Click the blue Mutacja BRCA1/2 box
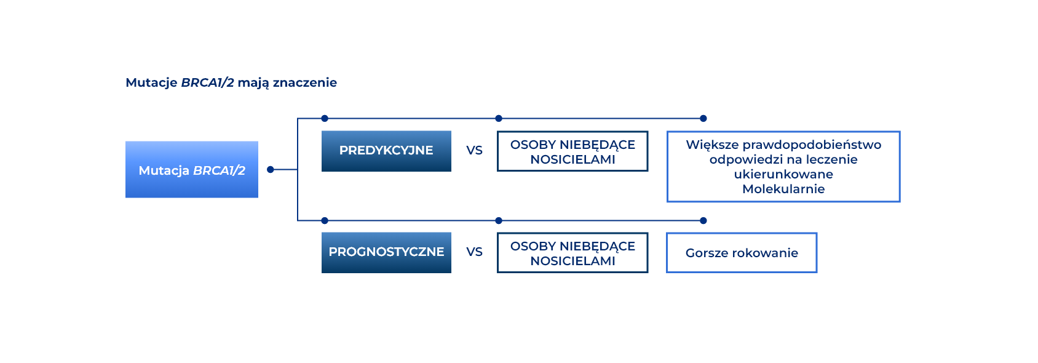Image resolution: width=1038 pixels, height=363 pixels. click(x=192, y=170)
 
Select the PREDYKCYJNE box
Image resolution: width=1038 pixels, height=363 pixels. click(x=386, y=151)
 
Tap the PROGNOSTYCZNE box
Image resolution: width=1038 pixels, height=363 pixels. click(x=386, y=253)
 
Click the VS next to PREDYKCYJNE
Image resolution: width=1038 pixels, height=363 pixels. click(x=475, y=151)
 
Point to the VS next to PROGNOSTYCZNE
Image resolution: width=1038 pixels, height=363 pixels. click(x=475, y=252)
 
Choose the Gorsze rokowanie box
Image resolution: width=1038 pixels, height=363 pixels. click(x=742, y=253)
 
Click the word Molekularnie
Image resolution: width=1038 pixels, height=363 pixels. click(x=783, y=189)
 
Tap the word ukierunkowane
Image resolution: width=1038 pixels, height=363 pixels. click(x=783, y=174)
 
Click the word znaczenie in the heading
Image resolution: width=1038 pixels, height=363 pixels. click(x=305, y=82)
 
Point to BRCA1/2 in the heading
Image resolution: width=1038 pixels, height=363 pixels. click(x=208, y=82)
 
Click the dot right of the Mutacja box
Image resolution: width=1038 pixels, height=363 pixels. click(x=271, y=170)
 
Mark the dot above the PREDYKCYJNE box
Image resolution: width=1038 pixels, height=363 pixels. click(x=325, y=119)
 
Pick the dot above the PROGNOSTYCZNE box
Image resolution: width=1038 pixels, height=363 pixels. click(x=325, y=221)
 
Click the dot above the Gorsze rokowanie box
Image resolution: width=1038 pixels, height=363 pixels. click(x=703, y=221)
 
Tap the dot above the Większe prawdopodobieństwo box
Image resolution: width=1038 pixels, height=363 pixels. click(x=703, y=119)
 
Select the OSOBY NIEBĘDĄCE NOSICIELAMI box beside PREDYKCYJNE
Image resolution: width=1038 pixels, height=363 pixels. click(x=572, y=151)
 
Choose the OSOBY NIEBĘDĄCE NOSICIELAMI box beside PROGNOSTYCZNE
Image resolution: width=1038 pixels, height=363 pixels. click(x=572, y=253)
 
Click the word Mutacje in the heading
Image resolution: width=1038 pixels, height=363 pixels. click(x=151, y=82)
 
